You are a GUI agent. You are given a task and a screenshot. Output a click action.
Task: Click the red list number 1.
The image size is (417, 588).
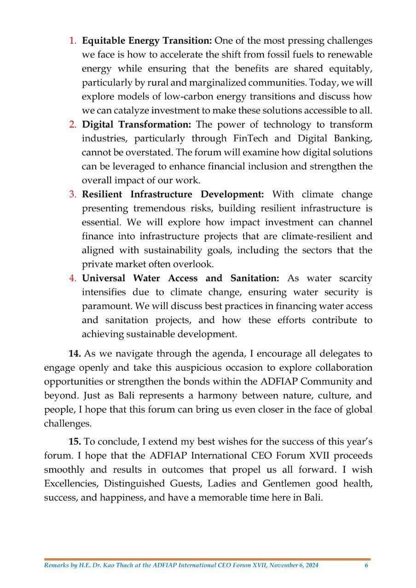pos(73,41)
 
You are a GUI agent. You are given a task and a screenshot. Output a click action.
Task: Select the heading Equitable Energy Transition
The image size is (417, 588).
pos(146,41)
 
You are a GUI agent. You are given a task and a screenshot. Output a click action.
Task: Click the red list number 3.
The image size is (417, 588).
pos(73,194)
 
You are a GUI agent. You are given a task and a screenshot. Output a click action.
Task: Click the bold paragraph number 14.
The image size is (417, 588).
pos(75,354)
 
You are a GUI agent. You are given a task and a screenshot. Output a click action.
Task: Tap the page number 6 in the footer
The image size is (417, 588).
pos(366,565)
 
